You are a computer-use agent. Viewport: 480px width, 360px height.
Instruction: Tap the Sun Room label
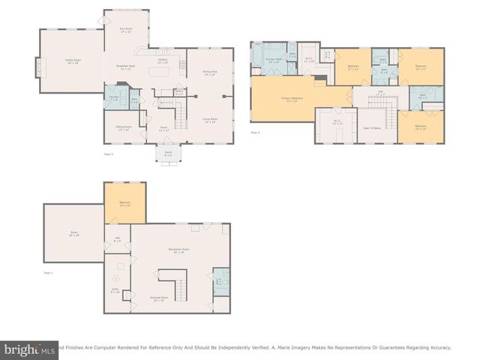[x=126, y=31]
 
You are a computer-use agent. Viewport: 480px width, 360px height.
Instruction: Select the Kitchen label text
[x=162, y=59]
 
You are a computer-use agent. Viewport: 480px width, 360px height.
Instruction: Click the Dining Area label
[x=209, y=73]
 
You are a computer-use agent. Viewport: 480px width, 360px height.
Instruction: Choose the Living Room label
[x=210, y=120]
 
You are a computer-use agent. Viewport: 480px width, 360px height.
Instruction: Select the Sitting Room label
[x=123, y=128]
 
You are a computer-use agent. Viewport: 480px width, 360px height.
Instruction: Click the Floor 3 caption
[x=255, y=133]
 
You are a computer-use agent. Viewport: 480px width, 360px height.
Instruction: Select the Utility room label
[x=115, y=291]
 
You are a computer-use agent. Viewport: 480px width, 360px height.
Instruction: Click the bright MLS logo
[x=30, y=349]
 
